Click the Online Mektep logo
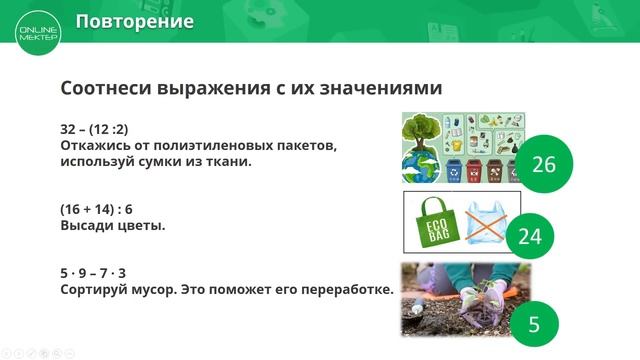[x=38, y=31]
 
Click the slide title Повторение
[x=135, y=21]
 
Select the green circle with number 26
[x=543, y=164]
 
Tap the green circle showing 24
[x=529, y=237]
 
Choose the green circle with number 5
[x=533, y=324]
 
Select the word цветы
[x=140, y=225]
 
